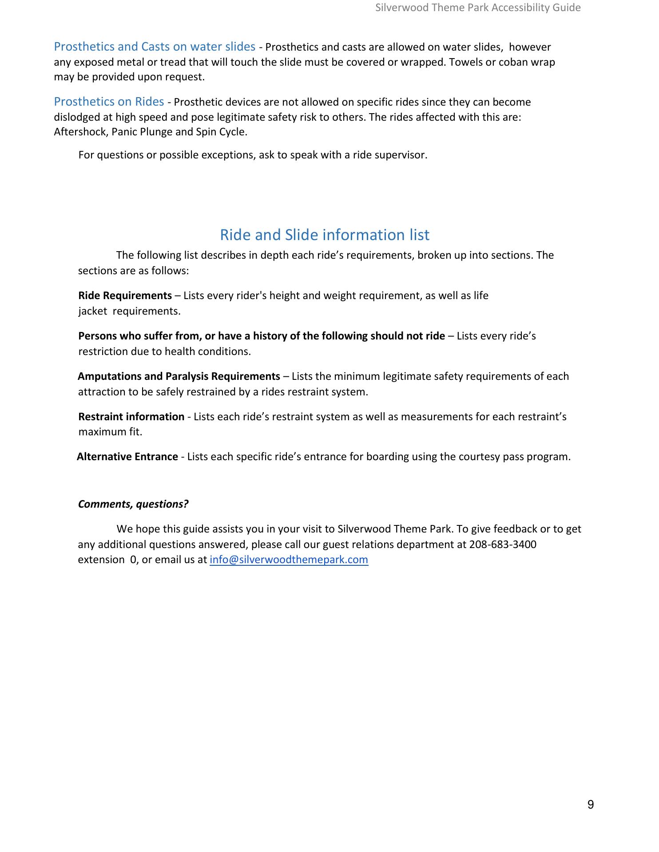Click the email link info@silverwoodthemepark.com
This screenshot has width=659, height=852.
tap(289, 560)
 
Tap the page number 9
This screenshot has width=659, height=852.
tap(590, 805)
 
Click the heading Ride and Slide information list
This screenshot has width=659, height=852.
tap(325, 235)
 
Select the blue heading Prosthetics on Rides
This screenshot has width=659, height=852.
tap(109, 102)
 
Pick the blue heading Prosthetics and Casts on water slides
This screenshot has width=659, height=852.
tap(154, 47)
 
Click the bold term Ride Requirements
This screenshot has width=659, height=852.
tap(125, 296)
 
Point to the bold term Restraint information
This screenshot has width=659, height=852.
tap(131, 417)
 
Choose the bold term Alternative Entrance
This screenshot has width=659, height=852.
tap(127, 457)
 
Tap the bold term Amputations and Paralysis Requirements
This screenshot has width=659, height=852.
tap(179, 376)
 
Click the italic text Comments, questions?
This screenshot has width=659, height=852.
tap(133, 504)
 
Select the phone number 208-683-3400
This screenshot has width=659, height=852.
tap(503, 544)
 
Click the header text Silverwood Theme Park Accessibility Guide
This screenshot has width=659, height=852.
tap(478, 8)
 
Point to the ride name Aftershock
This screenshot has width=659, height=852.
tap(79, 132)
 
